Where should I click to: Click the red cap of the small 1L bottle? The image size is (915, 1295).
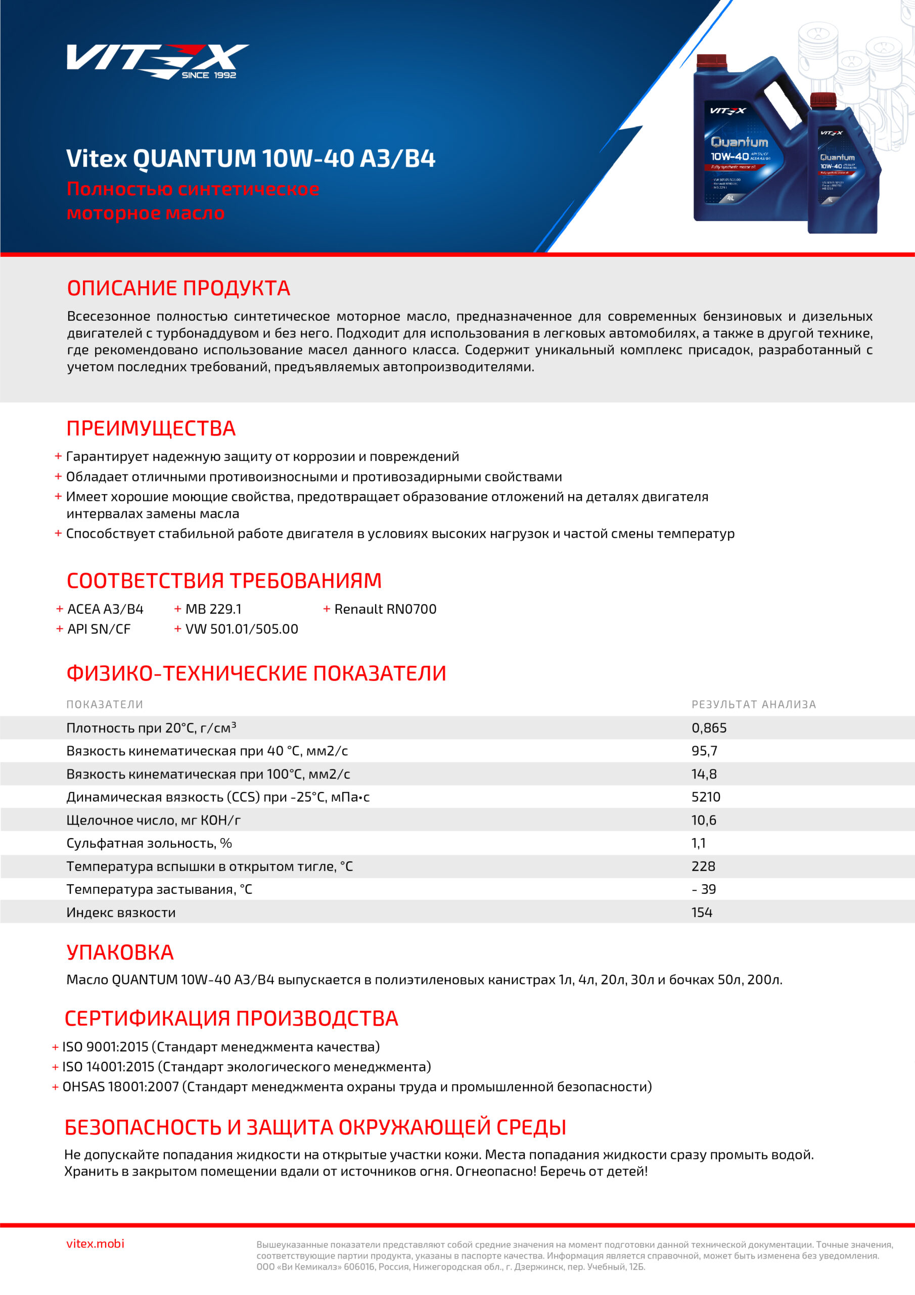point(822,100)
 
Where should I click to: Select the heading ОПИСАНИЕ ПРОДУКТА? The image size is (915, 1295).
point(178,288)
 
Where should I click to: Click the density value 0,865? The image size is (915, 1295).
point(709,728)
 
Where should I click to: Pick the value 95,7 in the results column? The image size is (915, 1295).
point(704,751)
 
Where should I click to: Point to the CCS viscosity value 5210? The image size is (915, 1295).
point(705,797)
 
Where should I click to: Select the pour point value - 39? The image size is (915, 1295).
point(704,889)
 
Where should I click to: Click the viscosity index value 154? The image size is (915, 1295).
point(702,913)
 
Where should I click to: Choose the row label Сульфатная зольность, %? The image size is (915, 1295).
point(149,843)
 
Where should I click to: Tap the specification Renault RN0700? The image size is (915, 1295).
point(385,609)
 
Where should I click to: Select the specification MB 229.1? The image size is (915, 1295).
point(213,609)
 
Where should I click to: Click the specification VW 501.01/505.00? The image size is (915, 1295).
point(241,629)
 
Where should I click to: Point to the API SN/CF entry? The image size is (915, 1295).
point(99,629)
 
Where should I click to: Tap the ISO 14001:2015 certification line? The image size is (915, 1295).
point(246,1066)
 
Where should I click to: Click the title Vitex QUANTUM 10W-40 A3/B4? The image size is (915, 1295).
point(251,158)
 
